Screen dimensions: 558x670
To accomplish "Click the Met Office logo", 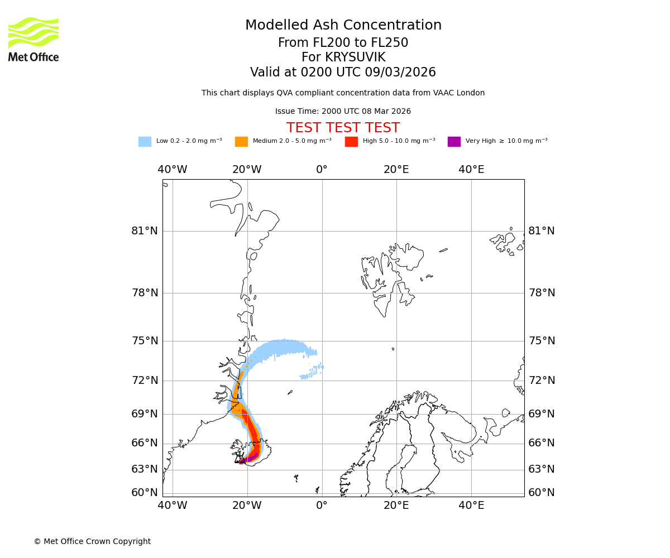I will [x=33, y=39].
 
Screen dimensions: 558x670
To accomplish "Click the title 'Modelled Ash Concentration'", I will [x=343, y=26].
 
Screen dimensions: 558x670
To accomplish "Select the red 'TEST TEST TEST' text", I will [x=343, y=128].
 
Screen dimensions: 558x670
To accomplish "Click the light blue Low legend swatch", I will [x=145, y=142].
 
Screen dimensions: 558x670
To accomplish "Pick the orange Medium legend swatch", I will [x=241, y=142].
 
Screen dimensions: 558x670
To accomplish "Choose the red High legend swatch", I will [x=351, y=142].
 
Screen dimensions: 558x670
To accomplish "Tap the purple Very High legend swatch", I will [x=454, y=142].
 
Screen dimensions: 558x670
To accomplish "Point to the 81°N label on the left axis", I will [x=145, y=231].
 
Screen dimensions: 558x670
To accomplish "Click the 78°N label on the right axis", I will [x=542, y=293].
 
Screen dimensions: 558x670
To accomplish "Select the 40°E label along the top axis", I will [x=471, y=170].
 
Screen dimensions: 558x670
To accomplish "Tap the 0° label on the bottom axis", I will [x=322, y=506].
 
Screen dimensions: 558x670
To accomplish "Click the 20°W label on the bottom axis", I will [x=247, y=506].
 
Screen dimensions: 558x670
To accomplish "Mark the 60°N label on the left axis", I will [x=145, y=493].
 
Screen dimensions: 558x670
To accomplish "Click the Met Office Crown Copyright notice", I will [x=92, y=542].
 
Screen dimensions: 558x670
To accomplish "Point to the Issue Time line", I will [x=343, y=112].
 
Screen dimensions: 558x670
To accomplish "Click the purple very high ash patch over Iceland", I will [x=249, y=458].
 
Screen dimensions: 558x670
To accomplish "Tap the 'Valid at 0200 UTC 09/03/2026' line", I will [x=343, y=73].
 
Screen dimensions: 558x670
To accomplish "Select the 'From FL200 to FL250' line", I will [x=343, y=43].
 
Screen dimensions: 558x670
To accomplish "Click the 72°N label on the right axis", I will [x=542, y=381].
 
